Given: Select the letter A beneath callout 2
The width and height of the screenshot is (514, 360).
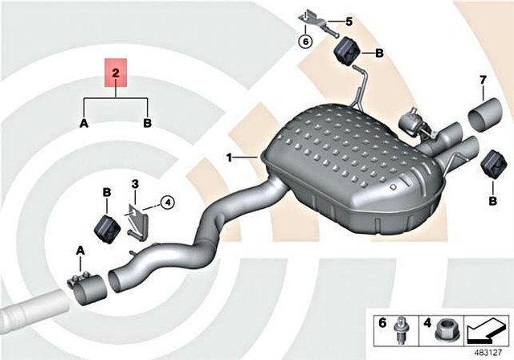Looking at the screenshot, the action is (84, 123).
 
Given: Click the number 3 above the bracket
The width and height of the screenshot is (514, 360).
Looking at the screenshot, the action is (135, 184).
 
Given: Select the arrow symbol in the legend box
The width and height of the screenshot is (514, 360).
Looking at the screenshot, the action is (486, 329).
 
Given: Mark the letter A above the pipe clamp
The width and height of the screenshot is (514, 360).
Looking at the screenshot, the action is (80, 252).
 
